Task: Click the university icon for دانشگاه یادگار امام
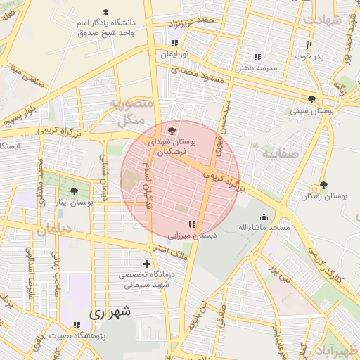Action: [106, 12]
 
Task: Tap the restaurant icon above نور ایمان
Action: [174, 43]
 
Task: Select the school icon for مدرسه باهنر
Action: [257, 57]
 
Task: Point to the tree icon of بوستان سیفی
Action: [311, 99]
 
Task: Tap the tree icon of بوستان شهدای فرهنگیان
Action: [173, 130]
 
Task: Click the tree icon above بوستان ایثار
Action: [75, 191]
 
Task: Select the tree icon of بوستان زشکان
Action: [323, 185]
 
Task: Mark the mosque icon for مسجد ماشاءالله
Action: [264, 217]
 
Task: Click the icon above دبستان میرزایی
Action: [193, 224]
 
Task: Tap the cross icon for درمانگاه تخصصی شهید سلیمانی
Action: [146, 263]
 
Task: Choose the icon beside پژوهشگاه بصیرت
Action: [77, 324]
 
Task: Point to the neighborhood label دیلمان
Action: [56, 230]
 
